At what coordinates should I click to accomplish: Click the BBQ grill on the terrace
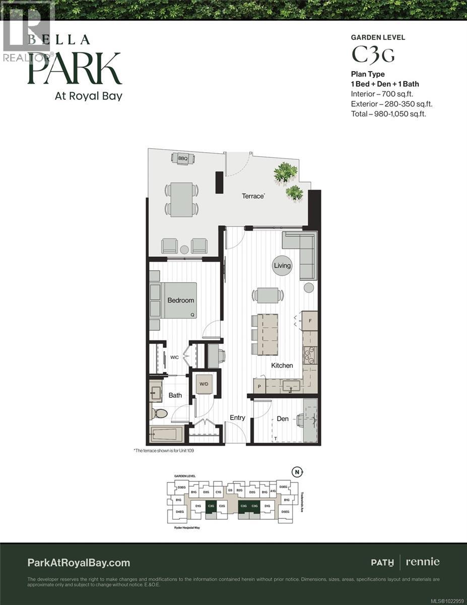pos(182,158)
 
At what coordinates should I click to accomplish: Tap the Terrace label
pos(253,196)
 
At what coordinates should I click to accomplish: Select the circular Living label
pos(282,266)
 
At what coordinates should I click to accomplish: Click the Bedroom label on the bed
pos(180,300)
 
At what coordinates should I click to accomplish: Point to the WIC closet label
pos(174,357)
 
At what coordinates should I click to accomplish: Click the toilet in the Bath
pos(160,413)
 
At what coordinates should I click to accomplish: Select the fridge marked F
pos(310,321)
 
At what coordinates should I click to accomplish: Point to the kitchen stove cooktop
pos(309,355)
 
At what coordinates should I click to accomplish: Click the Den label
pos(283,419)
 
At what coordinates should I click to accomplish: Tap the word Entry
pos(237,418)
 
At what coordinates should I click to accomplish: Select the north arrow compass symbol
pos(298,472)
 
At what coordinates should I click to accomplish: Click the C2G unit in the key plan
pos(222,506)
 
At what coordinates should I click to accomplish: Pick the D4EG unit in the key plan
pos(179,512)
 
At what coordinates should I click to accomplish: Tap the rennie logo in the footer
pos(423,562)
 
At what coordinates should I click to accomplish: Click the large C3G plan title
pos(372,55)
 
